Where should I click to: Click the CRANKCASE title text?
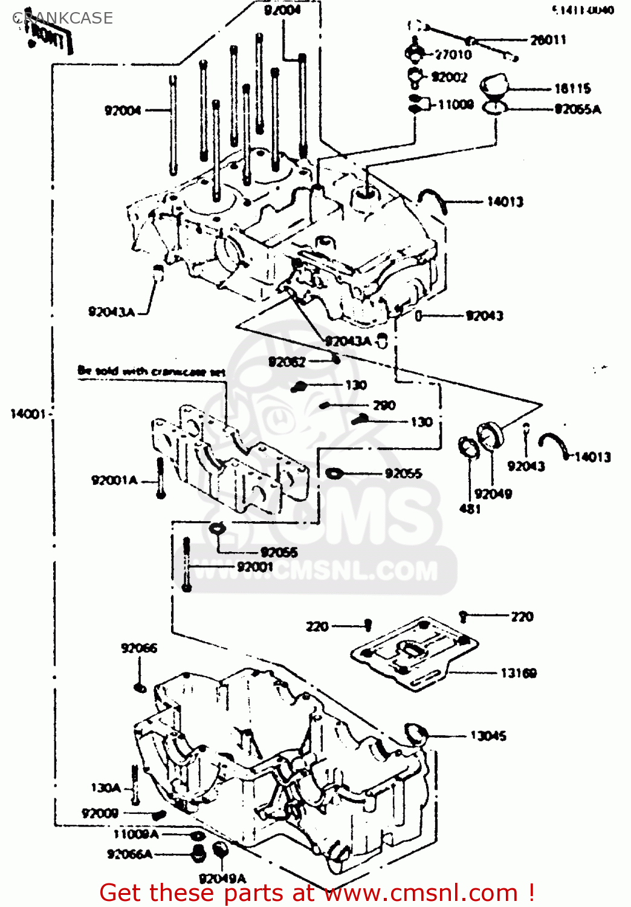(63, 18)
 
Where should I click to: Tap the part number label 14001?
(28, 414)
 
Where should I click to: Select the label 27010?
(453, 54)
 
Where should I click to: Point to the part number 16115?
(572, 89)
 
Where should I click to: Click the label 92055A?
(577, 109)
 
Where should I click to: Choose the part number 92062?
(286, 362)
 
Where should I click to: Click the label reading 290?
(384, 405)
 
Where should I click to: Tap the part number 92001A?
(114, 481)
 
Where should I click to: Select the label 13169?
(518, 673)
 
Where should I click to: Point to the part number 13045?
(488, 736)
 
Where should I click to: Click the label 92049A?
(222, 878)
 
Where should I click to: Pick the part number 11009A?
(135, 834)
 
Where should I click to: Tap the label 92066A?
(129, 854)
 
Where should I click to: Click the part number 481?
(470, 509)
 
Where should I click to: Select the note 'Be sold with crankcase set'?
(151, 371)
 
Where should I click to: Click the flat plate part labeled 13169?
(415, 653)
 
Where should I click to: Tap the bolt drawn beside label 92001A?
(160, 478)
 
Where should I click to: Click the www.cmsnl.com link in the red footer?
(421, 892)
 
